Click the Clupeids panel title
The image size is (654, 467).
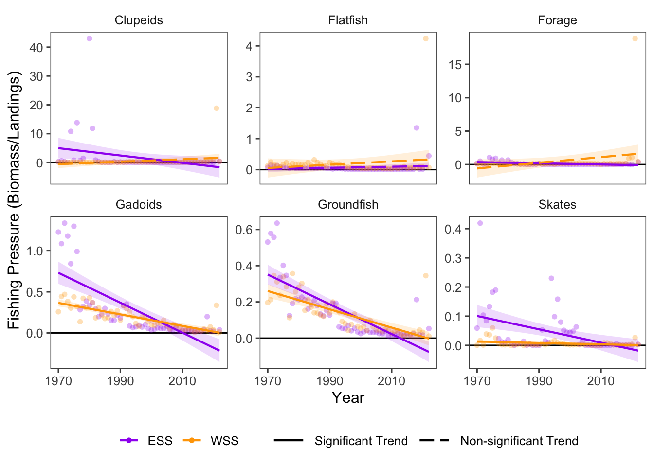139,20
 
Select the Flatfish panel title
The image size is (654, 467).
348,20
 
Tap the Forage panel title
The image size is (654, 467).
557,20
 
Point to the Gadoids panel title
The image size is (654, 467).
139,205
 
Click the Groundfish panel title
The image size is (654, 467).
348,205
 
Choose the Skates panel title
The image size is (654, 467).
557,205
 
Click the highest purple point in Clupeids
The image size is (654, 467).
89,39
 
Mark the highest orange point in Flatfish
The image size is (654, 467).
426,39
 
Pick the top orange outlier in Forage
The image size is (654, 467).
635,39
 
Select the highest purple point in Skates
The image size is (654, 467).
480,223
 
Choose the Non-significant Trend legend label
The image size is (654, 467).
519,441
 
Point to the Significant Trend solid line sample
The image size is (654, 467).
289,441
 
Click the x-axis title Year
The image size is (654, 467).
348,398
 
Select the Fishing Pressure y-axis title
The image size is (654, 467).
15,200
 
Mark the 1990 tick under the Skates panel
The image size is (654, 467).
539,381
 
